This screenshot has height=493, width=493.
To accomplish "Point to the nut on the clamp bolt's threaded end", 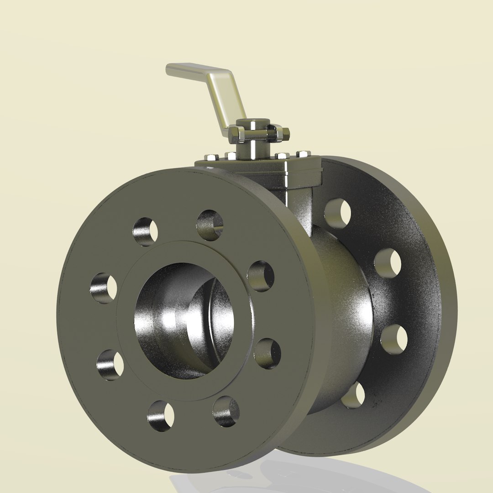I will (284, 133).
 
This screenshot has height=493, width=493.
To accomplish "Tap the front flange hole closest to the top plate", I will (210, 225).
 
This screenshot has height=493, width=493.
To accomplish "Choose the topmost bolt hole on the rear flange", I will (338, 213).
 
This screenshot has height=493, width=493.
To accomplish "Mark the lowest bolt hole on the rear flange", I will (354, 395).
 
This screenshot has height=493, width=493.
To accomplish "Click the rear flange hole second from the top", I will (388, 263).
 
